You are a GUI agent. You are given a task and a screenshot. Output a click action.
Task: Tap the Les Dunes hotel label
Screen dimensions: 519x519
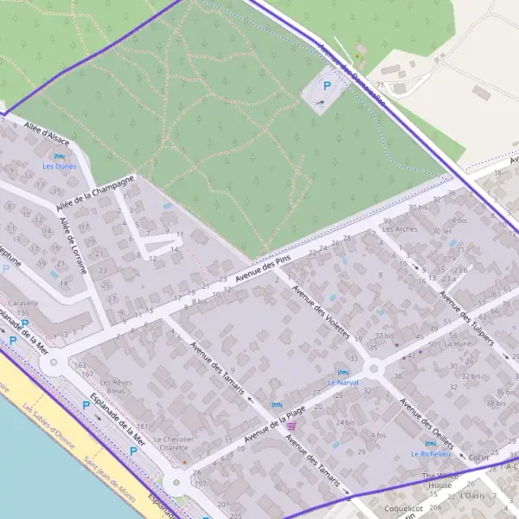(60, 165)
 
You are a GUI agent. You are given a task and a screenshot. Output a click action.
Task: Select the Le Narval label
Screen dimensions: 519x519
(343, 381)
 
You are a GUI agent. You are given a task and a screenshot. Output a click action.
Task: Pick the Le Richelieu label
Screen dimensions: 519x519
(430, 453)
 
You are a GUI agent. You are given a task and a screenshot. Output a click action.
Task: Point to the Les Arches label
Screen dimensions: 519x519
(399, 229)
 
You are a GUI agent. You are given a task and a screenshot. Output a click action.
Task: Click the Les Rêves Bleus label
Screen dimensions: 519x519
(116, 387)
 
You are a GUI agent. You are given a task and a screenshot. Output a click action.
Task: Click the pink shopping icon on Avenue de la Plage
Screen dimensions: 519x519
(292, 426)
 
